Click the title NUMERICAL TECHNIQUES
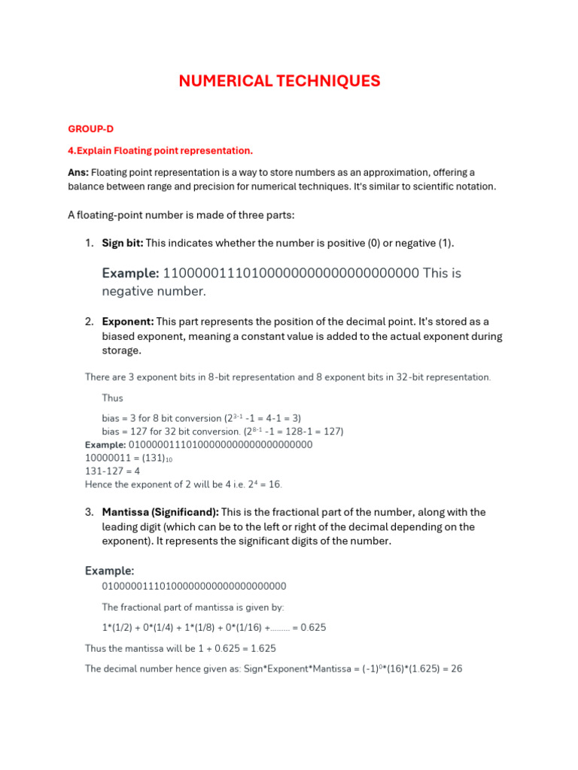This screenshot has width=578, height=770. [279, 81]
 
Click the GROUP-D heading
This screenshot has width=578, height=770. [90, 129]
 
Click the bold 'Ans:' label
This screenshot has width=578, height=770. [78, 172]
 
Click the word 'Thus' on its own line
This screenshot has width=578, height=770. [112, 398]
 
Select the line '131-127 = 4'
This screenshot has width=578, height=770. [112, 471]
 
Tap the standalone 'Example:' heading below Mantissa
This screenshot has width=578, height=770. [109, 571]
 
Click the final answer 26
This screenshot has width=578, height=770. [455, 668]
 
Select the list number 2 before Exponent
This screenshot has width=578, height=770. [88, 322]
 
